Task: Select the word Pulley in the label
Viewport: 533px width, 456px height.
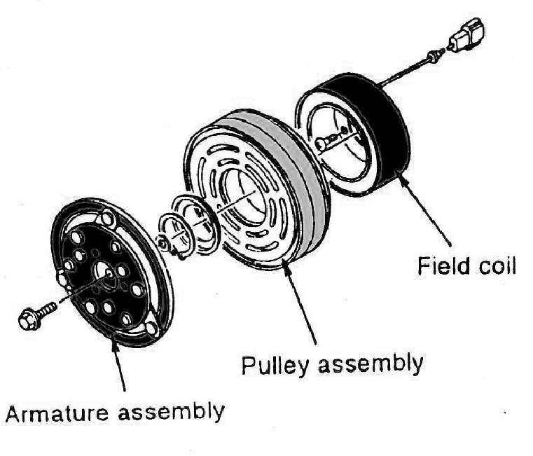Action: (x=270, y=366)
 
